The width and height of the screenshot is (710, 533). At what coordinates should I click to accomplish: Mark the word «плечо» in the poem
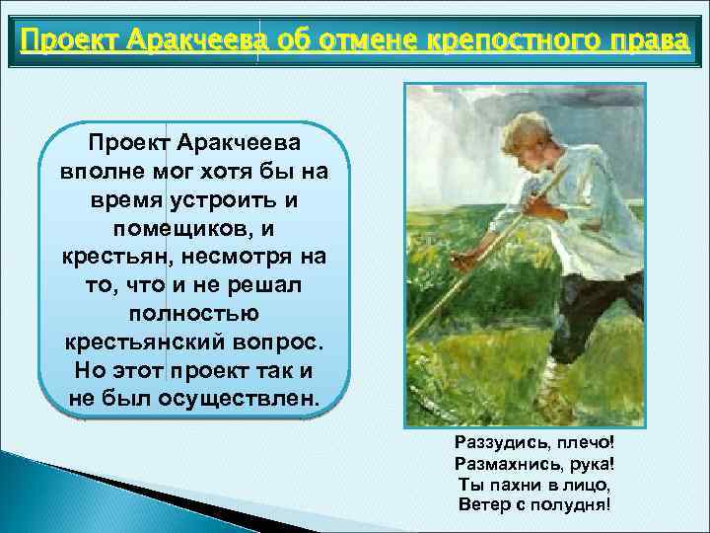(x=580, y=441)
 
